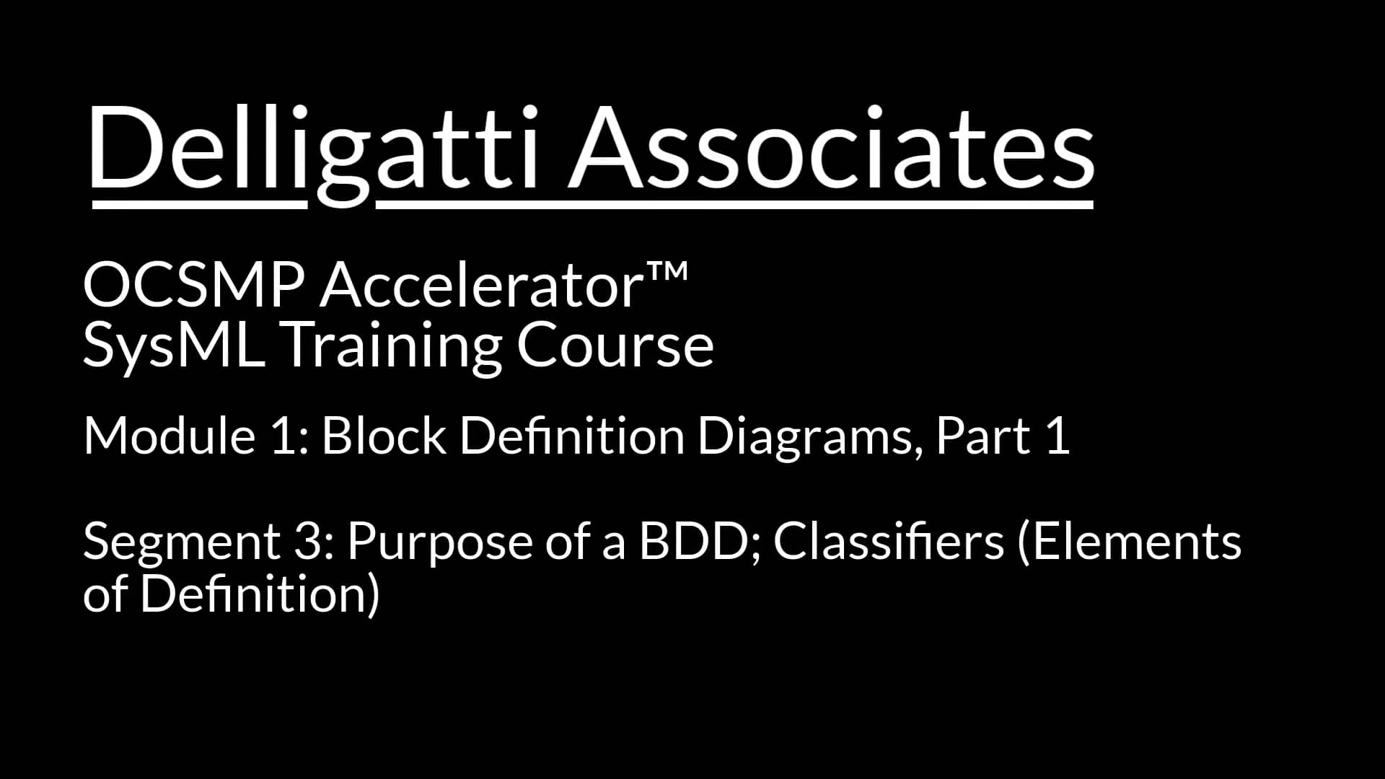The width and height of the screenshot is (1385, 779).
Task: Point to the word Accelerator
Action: [481, 286]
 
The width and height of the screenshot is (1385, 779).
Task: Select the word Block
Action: [384, 436]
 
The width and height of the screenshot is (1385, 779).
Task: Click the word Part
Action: [983, 436]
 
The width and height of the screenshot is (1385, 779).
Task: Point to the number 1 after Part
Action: [1057, 436]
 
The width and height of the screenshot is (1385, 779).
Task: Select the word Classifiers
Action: [889, 541]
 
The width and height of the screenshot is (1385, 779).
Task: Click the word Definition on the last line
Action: [259, 594]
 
